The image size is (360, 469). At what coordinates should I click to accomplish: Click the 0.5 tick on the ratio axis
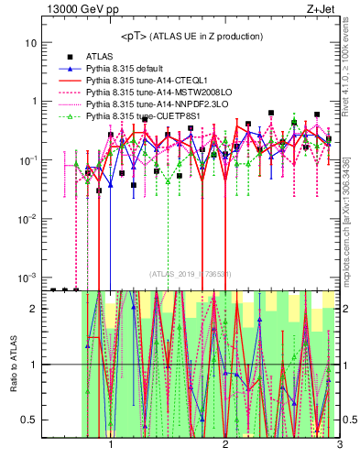(x=29, y=420)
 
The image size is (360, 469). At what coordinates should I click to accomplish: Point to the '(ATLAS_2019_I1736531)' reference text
(x=191, y=273)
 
